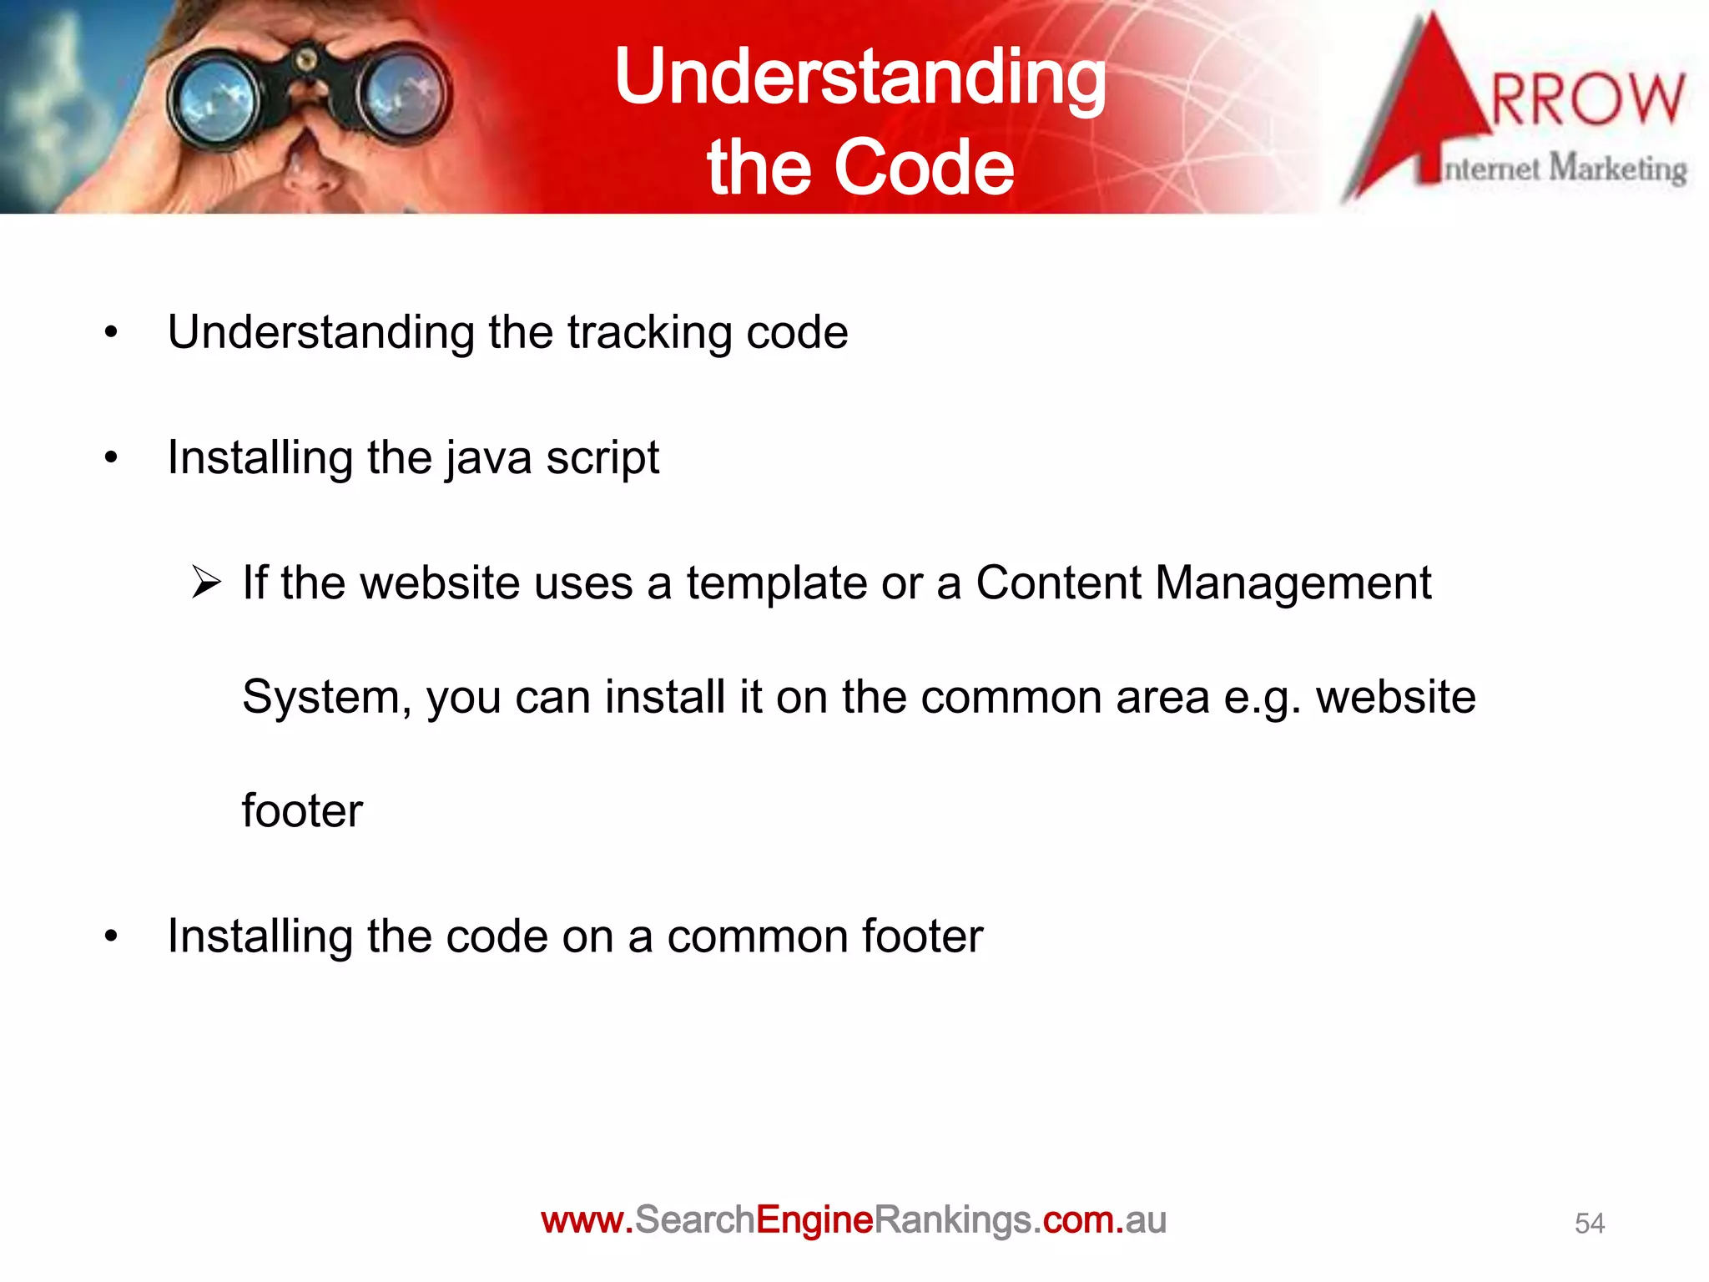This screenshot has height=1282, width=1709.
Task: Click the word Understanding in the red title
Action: point(860,77)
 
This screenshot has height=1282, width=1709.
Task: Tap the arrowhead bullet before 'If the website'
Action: point(205,582)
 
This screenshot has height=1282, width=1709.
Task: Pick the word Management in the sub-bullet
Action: point(1293,583)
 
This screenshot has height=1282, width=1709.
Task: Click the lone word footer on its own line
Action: point(302,810)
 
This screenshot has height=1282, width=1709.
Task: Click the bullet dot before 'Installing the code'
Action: point(112,936)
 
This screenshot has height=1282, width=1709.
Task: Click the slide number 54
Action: point(1589,1224)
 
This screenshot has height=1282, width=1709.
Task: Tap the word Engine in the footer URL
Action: point(814,1220)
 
